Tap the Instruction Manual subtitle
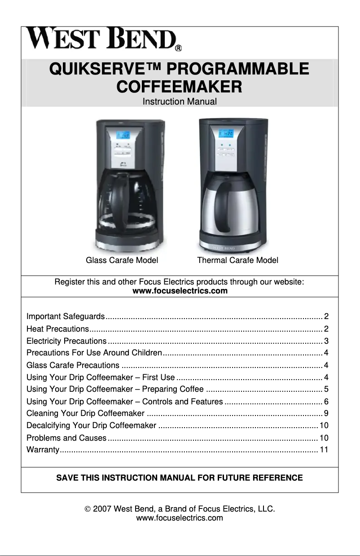pyautogui.click(x=180, y=102)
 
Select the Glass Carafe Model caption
pyautogui.click(x=122, y=260)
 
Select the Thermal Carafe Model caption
pyautogui.click(x=237, y=260)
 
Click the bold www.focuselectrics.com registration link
pyautogui.click(x=180, y=291)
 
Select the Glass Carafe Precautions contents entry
pyautogui.click(x=73, y=364)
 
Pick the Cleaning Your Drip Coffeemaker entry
pyautogui.click(x=85, y=413)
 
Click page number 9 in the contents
pyautogui.click(x=326, y=413)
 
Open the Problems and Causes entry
pyautogui.click(x=66, y=438)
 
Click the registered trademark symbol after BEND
pyautogui.click(x=178, y=47)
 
